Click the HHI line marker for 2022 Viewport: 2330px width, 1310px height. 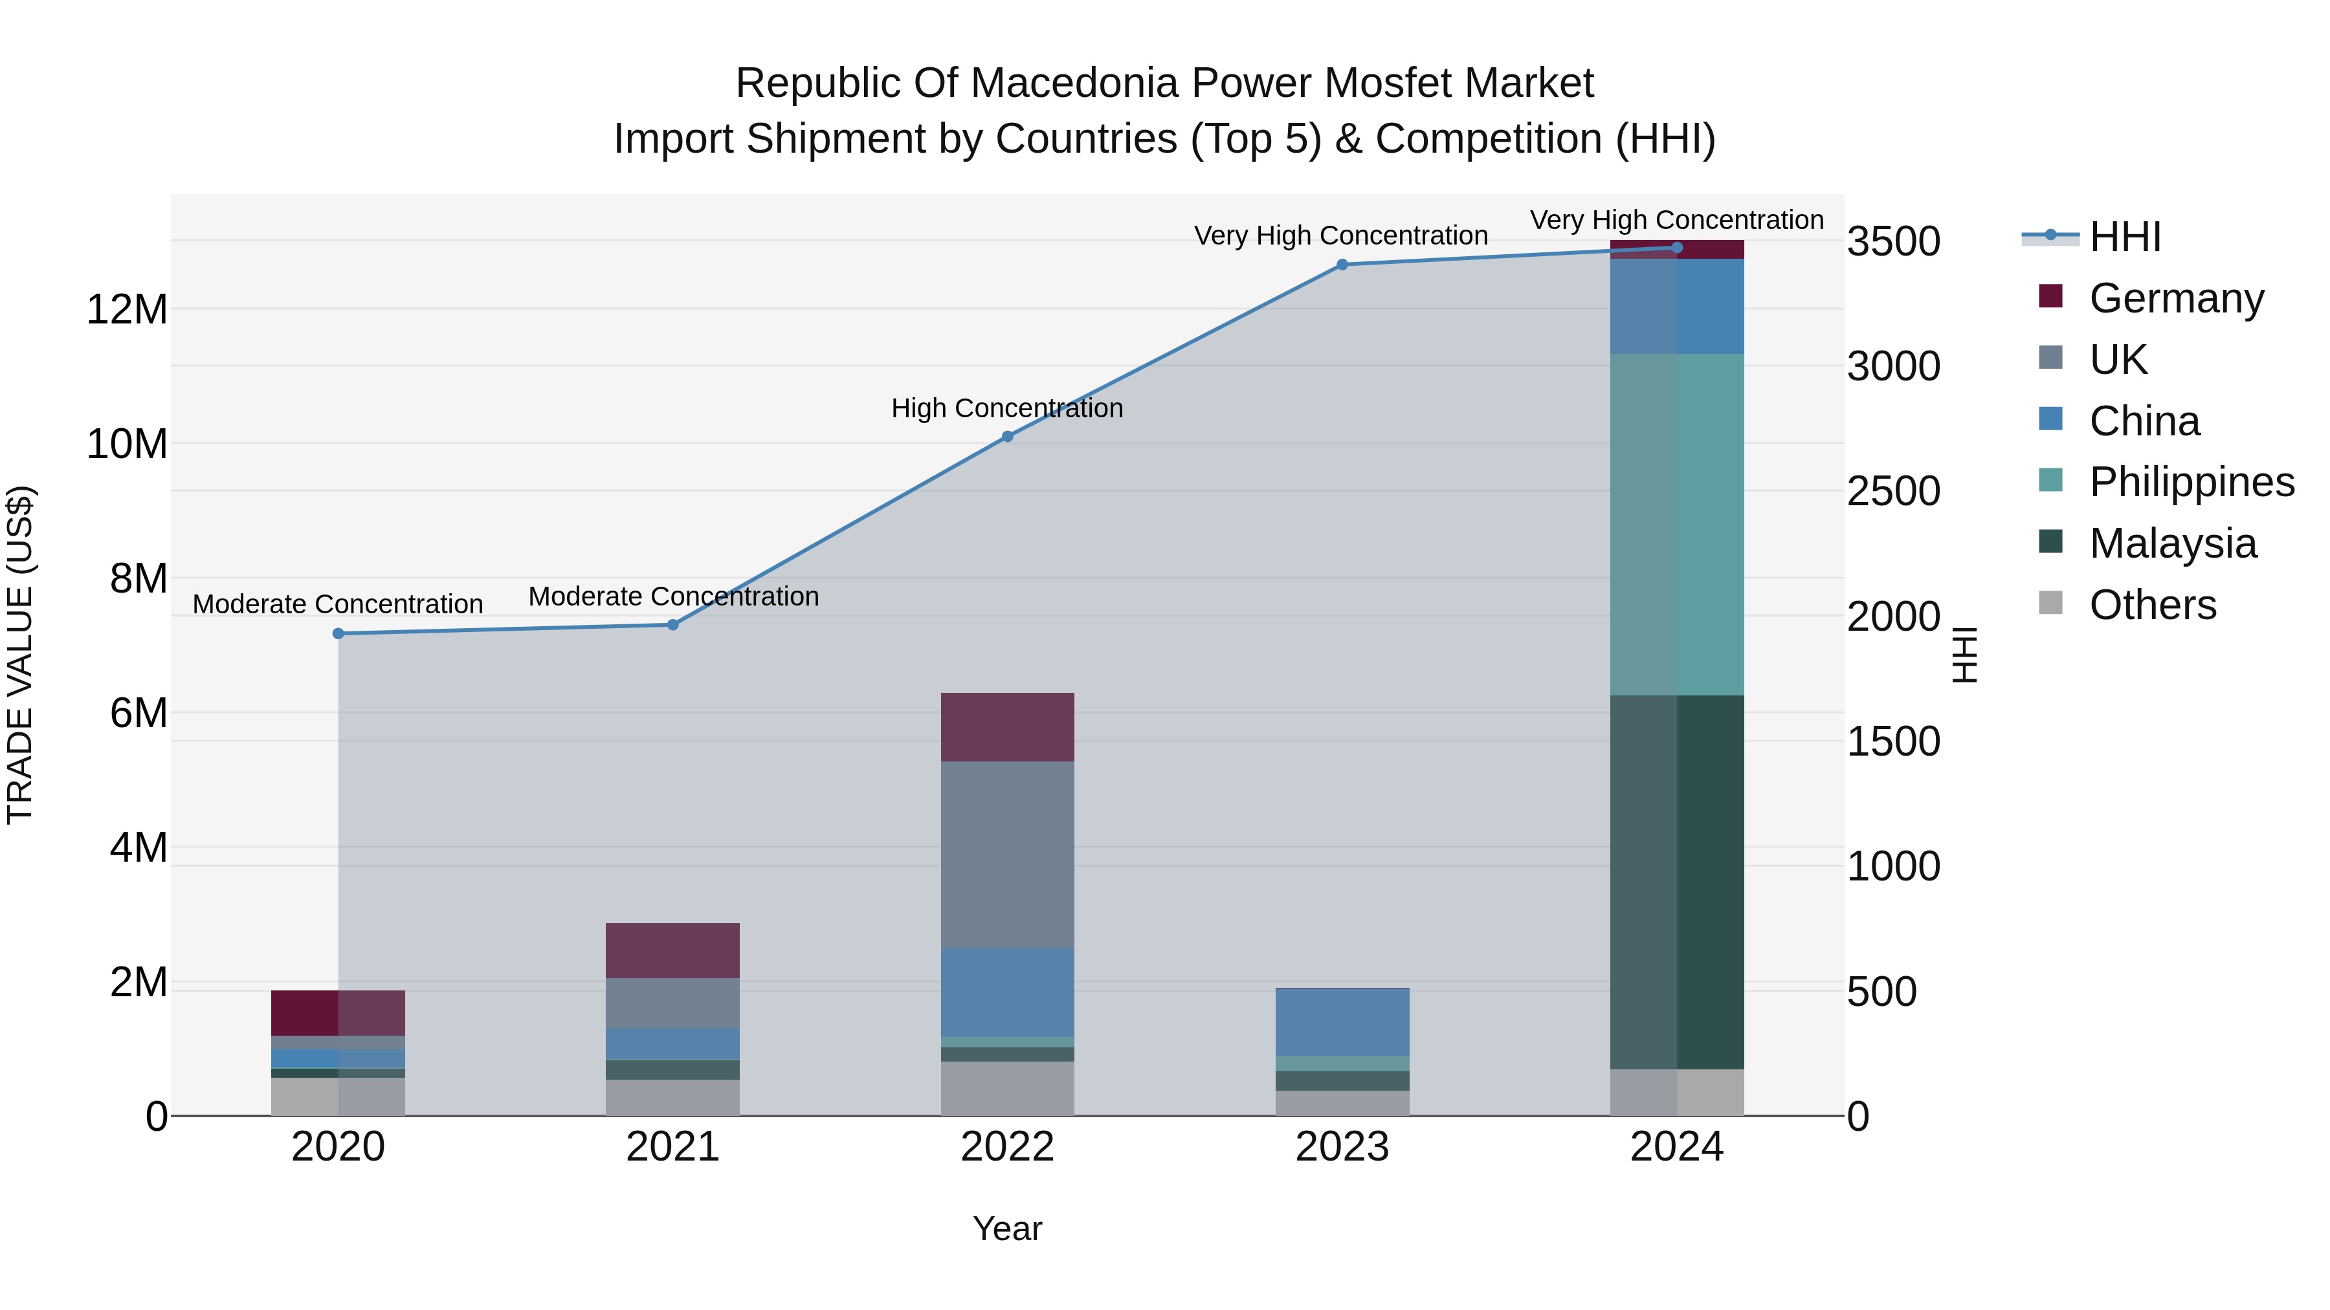click(1008, 437)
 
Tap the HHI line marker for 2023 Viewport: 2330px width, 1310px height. click(1342, 265)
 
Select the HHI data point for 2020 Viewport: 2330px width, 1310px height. click(338, 634)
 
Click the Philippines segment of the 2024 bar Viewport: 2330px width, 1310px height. click(1677, 525)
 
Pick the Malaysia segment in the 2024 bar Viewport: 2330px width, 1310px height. click(1677, 882)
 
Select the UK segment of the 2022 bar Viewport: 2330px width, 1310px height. click(1008, 855)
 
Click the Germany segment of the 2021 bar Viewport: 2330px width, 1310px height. click(673, 950)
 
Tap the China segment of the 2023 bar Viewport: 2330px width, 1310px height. click(1342, 1021)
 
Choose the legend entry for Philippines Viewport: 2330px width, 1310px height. click(2191, 482)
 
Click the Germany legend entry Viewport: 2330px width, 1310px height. click(2176, 298)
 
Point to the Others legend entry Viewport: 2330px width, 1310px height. click(2152, 605)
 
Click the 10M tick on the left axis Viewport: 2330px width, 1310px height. click(127, 444)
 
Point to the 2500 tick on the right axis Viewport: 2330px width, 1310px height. click(1893, 491)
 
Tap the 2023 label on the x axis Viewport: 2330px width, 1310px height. click(1342, 1147)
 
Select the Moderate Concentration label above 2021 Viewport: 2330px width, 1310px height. click(673, 596)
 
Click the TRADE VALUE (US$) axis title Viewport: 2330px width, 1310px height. click(20, 655)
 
